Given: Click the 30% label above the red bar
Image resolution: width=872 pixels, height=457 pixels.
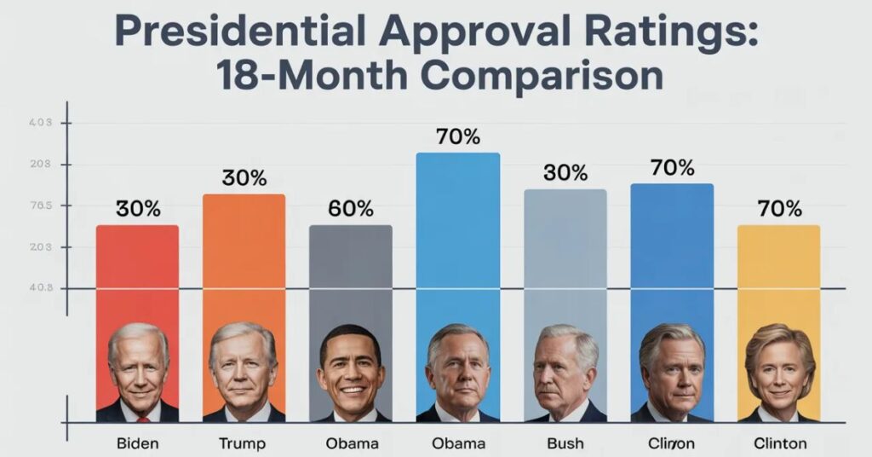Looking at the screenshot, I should [137, 209].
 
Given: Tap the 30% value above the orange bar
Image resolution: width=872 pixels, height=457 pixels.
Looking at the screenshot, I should [244, 178].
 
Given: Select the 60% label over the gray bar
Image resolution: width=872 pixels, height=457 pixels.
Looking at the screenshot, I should [350, 209].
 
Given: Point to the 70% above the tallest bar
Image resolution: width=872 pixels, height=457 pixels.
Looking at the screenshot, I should [457, 136].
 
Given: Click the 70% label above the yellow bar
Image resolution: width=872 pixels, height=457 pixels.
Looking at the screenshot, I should [778, 209].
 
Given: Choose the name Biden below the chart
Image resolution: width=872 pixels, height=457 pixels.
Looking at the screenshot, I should [137, 443].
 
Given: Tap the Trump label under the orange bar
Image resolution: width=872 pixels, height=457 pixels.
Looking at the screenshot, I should [243, 443].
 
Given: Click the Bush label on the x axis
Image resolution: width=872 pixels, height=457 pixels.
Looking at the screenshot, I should [565, 443].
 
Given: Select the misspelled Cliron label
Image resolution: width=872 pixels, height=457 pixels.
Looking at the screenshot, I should [672, 443].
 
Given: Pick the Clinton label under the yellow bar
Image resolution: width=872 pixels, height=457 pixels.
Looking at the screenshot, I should [778, 443].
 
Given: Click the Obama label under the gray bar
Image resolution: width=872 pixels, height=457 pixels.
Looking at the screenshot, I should [350, 443].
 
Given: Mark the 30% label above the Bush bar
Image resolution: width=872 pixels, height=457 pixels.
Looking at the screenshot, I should [565, 173].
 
